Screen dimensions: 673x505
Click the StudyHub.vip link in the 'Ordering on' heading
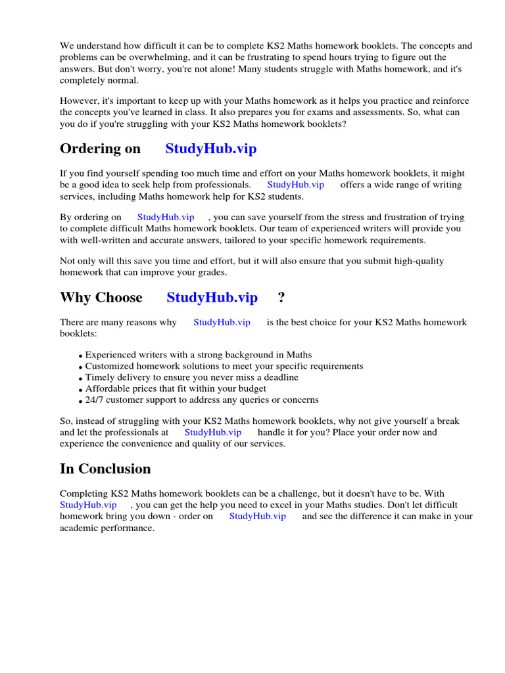tap(210, 149)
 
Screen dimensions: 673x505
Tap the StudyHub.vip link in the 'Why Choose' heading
tap(212, 298)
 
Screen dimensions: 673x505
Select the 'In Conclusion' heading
tap(105, 469)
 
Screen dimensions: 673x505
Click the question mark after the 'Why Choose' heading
tap(281, 298)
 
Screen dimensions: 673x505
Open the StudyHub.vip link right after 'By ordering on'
tap(166, 217)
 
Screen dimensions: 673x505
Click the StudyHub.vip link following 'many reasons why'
tap(222, 322)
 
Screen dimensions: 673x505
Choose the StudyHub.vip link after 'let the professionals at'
tap(212, 432)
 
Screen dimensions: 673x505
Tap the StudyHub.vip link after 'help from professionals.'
tap(295, 185)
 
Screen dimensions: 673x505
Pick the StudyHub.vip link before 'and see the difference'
tap(257, 517)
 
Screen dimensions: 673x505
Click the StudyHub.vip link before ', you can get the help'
tap(88, 505)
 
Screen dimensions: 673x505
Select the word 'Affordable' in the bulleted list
tap(109, 388)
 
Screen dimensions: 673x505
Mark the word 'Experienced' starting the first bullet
tap(110, 355)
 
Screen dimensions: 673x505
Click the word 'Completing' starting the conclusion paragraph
tap(84, 494)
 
